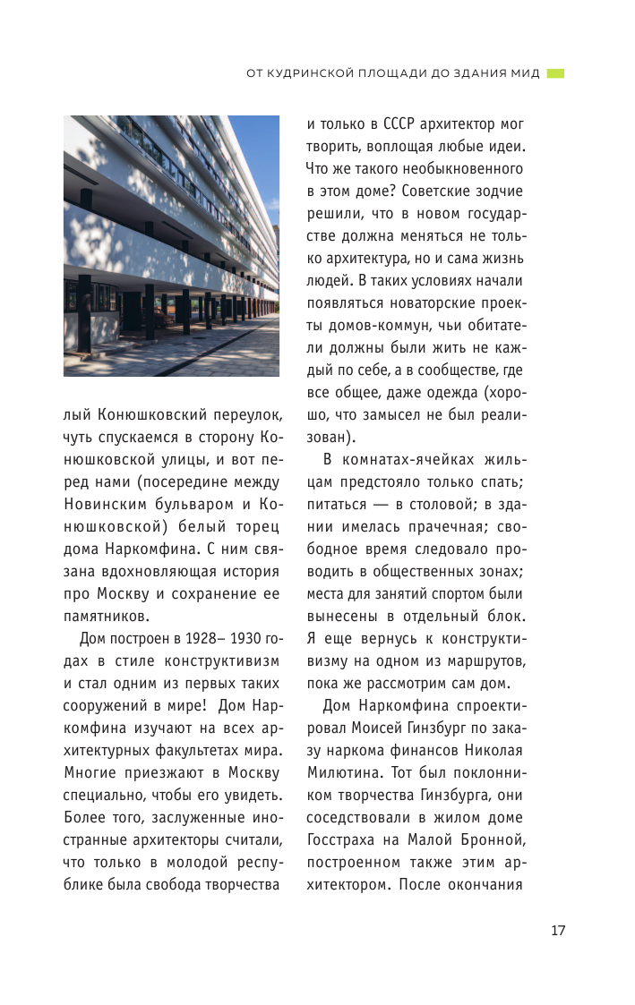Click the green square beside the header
(555, 73)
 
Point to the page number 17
(558, 930)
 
